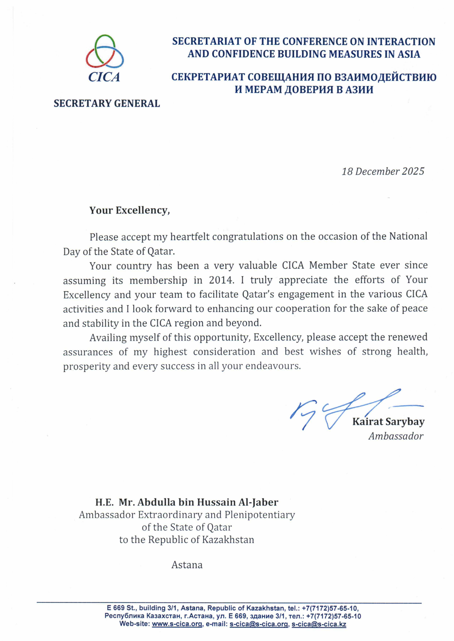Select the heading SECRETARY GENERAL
point(107,103)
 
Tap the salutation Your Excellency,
point(129,210)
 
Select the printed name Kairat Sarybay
point(388,422)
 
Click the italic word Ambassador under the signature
point(396,436)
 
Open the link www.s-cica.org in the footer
point(177,624)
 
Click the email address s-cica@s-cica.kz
point(319,624)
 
